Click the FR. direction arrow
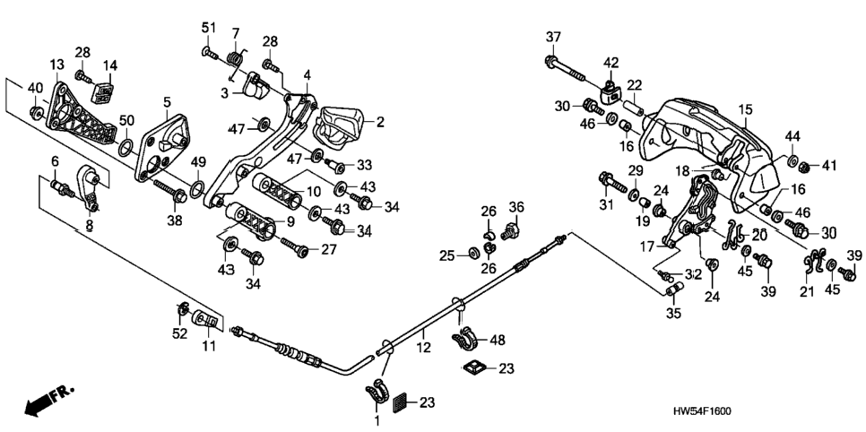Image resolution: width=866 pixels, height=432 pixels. tap(48, 401)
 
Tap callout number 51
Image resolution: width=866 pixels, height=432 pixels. tap(208, 28)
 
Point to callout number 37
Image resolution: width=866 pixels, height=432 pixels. tap(553, 38)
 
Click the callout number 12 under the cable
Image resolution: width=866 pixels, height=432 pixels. tap(423, 349)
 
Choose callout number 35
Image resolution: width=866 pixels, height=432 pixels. tap(673, 314)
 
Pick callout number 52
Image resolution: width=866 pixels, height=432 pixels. tap(181, 333)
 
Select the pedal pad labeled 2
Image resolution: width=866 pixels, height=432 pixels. tap(337, 126)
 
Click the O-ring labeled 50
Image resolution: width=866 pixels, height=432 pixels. tap(126, 148)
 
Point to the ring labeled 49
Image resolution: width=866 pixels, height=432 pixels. tap(196, 190)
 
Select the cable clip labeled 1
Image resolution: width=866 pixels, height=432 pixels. tap(377, 391)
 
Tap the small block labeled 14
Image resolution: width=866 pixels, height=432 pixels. tap(104, 89)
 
